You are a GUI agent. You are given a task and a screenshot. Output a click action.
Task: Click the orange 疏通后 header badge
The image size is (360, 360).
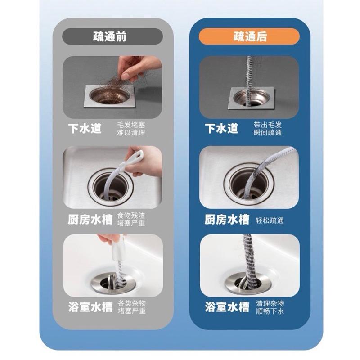coord(249,36)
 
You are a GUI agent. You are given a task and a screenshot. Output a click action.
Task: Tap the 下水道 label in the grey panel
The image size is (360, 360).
coord(85,128)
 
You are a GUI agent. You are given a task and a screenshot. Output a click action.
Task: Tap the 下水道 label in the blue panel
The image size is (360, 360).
coord(221,128)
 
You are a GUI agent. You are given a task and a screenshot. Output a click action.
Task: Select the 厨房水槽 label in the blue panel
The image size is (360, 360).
coord(227,220)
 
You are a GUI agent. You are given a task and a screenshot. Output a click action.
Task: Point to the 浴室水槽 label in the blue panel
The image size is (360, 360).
coord(227,307)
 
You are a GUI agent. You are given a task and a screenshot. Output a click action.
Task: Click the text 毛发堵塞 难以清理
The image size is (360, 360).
coord(131,128)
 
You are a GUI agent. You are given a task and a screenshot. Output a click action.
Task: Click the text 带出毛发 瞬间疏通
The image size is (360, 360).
coord(267,128)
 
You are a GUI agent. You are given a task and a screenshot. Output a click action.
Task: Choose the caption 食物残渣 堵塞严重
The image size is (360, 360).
coord(131,219)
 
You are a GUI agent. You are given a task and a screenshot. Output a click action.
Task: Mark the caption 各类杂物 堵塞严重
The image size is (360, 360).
coord(131,307)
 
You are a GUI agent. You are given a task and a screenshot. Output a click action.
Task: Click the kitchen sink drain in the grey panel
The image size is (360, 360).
coord(108,184)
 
